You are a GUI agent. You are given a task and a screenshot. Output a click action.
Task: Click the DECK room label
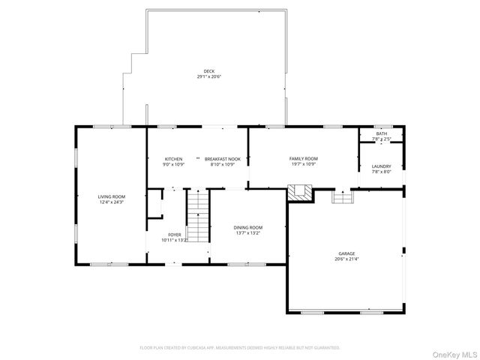click(208, 71)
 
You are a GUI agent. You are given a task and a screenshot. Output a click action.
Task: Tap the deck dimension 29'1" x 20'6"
click(208, 76)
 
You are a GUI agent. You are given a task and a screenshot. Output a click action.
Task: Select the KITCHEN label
click(174, 159)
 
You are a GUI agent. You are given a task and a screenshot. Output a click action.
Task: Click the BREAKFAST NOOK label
click(223, 159)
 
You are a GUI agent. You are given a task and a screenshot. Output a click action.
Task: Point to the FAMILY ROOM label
click(304, 159)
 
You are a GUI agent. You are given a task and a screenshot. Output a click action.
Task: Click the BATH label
click(382, 134)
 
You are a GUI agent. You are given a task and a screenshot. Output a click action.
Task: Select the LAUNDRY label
click(382, 166)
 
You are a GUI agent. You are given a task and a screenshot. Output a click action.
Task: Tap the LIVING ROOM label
click(110, 196)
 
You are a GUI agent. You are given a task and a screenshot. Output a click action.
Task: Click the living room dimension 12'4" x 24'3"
click(110, 202)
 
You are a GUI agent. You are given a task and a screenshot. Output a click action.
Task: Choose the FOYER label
click(174, 235)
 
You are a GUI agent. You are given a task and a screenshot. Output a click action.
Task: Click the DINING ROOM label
click(248, 227)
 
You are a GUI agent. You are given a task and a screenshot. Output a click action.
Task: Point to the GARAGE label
click(346, 255)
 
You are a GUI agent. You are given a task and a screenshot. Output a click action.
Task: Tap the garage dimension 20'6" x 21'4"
click(346, 260)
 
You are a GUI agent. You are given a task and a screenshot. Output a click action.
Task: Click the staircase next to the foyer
click(196, 216)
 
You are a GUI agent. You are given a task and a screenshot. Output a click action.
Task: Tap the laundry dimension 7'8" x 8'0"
click(382, 172)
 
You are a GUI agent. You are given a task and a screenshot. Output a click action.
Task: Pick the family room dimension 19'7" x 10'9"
click(304, 164)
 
